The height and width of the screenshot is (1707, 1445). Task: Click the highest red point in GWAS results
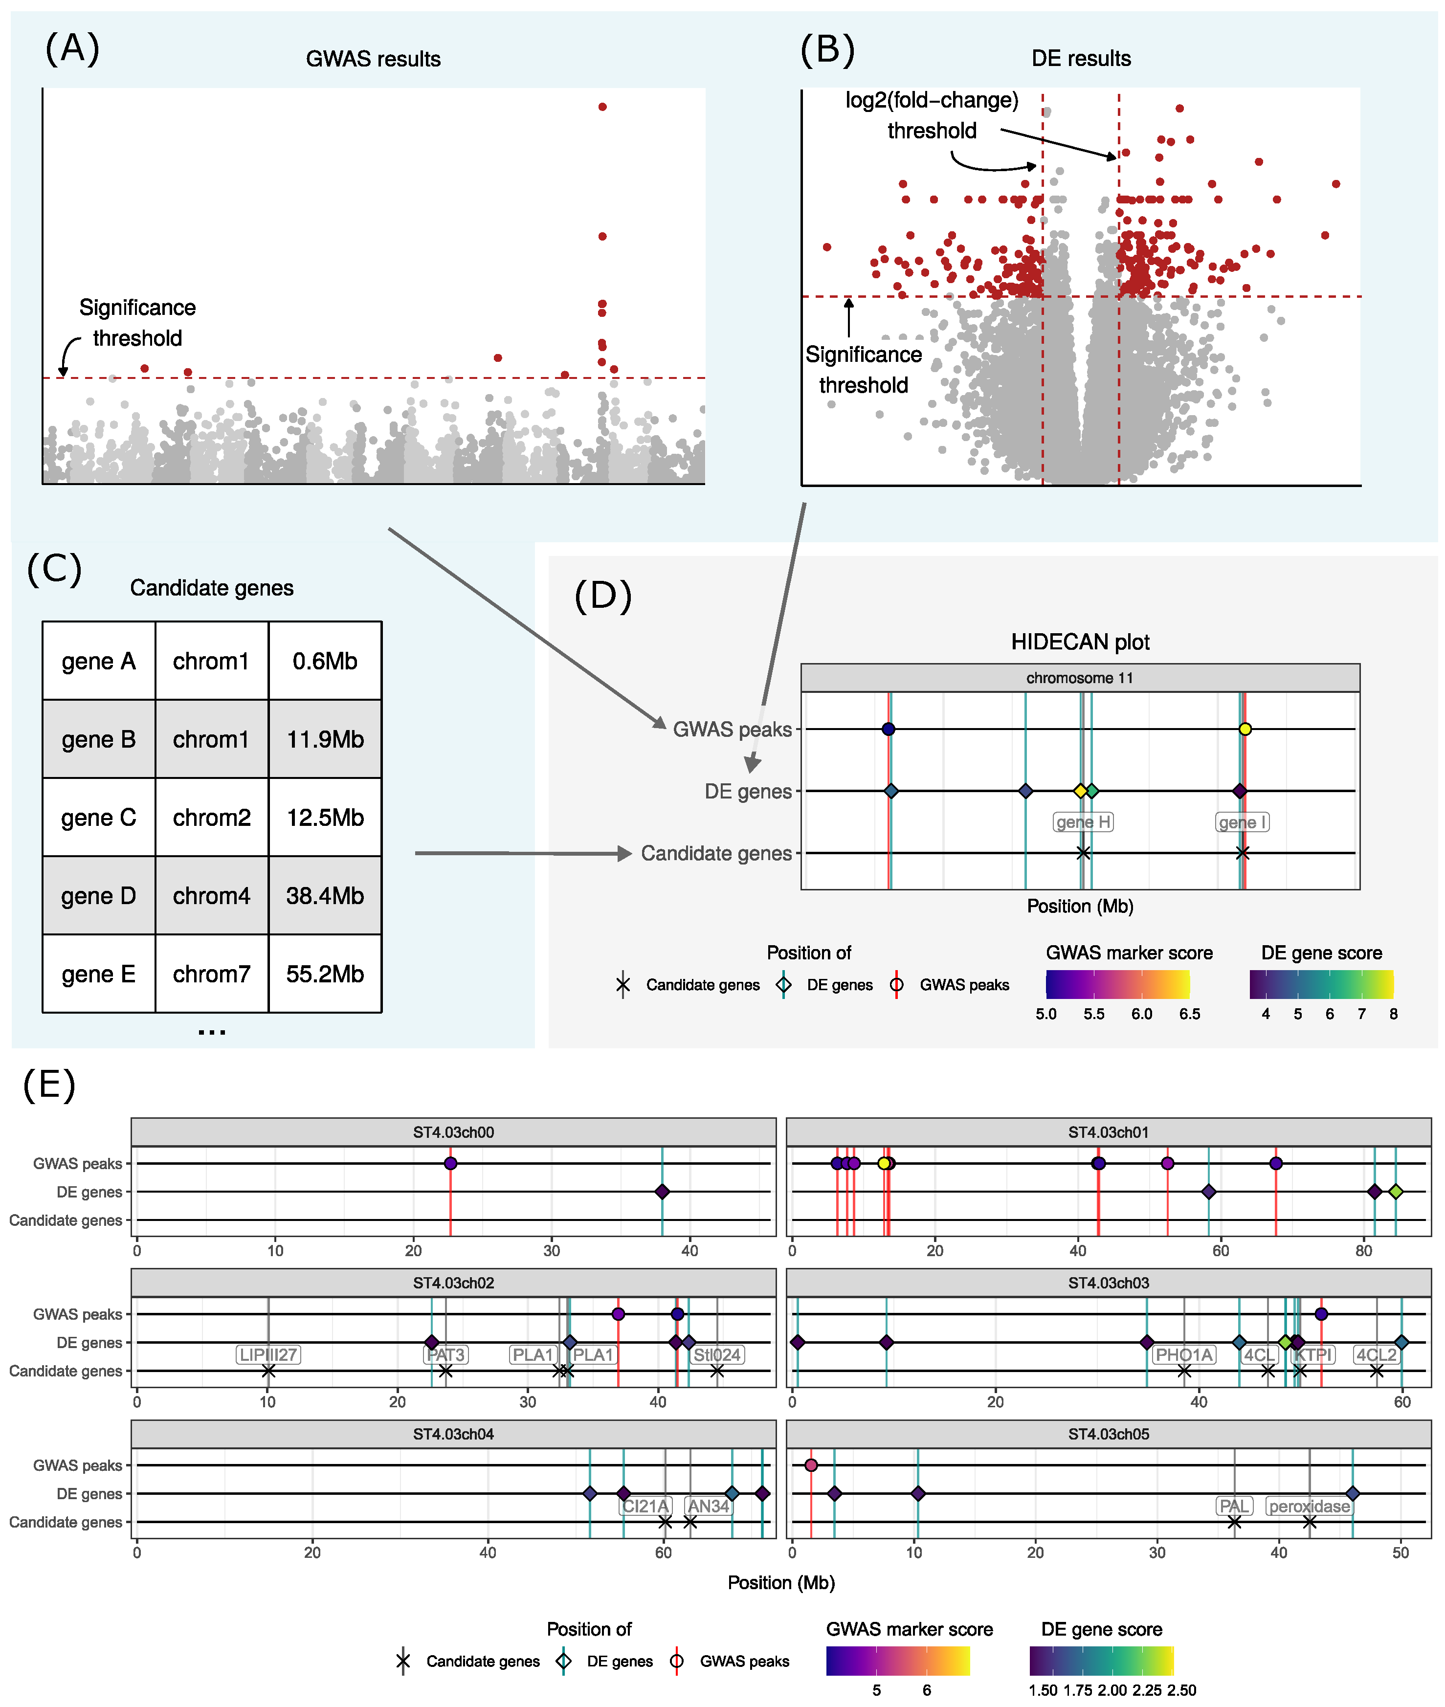(x=602, y=107)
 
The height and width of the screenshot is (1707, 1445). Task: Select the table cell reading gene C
(x=98, y=818)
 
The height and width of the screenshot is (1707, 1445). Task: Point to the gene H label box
(x=1082, y=821)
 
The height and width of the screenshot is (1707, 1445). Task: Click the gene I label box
(x=1242, y=821)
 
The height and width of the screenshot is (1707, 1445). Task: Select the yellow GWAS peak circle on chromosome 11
(x=1245, y=729)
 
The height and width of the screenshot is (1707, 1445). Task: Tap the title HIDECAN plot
(x=1080, y=642)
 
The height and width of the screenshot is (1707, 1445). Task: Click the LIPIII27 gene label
(x=268, y=1355)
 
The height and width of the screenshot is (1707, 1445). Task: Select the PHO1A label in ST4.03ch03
(x=1184, y=1355)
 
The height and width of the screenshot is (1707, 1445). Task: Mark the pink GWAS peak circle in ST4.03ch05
(x=811, y=1465)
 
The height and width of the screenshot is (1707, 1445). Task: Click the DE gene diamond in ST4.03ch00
(x=662, y=1192)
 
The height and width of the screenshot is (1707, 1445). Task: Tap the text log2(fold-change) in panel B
(x=932, y=100)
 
